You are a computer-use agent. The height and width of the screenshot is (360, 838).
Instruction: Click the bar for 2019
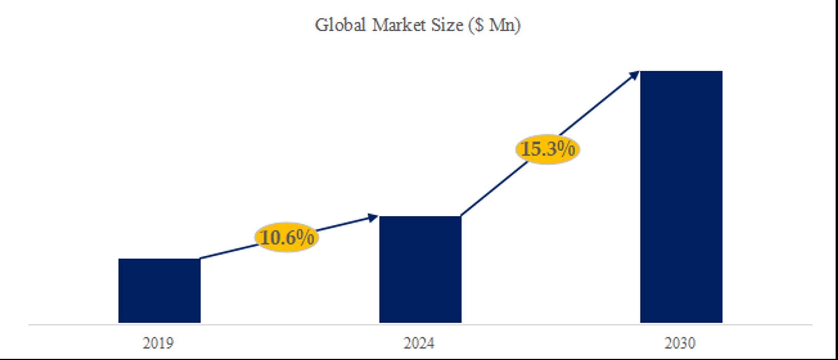pos(159,291)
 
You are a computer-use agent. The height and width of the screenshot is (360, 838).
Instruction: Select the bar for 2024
pos(420,269)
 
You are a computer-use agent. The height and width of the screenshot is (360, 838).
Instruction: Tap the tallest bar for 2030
pos(681,197)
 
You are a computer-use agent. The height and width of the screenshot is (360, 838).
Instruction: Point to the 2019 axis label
pos(158,343)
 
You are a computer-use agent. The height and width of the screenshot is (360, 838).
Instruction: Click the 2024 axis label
pos(419,343)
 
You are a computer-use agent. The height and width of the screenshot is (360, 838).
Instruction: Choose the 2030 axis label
pos(680,343)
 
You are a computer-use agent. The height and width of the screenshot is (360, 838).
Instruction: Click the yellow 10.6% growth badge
pos(287,238)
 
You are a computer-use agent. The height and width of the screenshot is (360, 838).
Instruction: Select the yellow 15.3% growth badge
pos(548,149)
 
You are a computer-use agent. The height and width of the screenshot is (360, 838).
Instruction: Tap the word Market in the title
pos(399,25)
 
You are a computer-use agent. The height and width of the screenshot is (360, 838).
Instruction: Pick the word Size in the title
pos(447,25)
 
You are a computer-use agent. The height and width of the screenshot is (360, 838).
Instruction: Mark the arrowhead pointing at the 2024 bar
pos(373,218)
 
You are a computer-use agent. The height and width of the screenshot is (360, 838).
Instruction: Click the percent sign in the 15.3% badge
pos(566,149)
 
